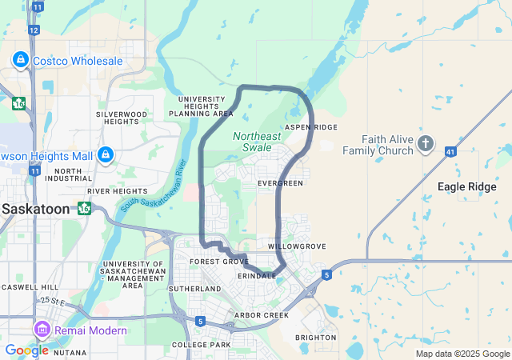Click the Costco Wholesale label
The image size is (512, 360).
[x=78, y=61]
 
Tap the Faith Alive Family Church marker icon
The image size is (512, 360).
[x=426, y=145]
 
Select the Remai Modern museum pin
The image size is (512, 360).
[x=42, y=329]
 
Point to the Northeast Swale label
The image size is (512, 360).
[x=257, y=142]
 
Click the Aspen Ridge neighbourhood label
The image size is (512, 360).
[x=311, y=127]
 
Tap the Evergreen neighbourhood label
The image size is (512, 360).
[x=281, y=184]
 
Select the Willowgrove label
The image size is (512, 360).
[x=298, y=246]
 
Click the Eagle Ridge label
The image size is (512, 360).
[x=467, y=186]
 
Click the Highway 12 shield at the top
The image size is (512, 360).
[x=34, y=30]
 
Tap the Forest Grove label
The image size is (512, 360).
[x=219, y=262]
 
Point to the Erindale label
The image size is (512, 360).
[x=257, y=275]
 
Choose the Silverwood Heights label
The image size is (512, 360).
[x=122, y=118]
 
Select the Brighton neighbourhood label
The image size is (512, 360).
[x=316, y=338]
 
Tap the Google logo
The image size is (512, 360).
[x=26, y=350]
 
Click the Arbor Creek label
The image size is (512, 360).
[x=261, y=315]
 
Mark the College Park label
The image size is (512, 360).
[x=201, y=345]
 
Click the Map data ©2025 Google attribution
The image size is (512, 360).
[x=462, y=354]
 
